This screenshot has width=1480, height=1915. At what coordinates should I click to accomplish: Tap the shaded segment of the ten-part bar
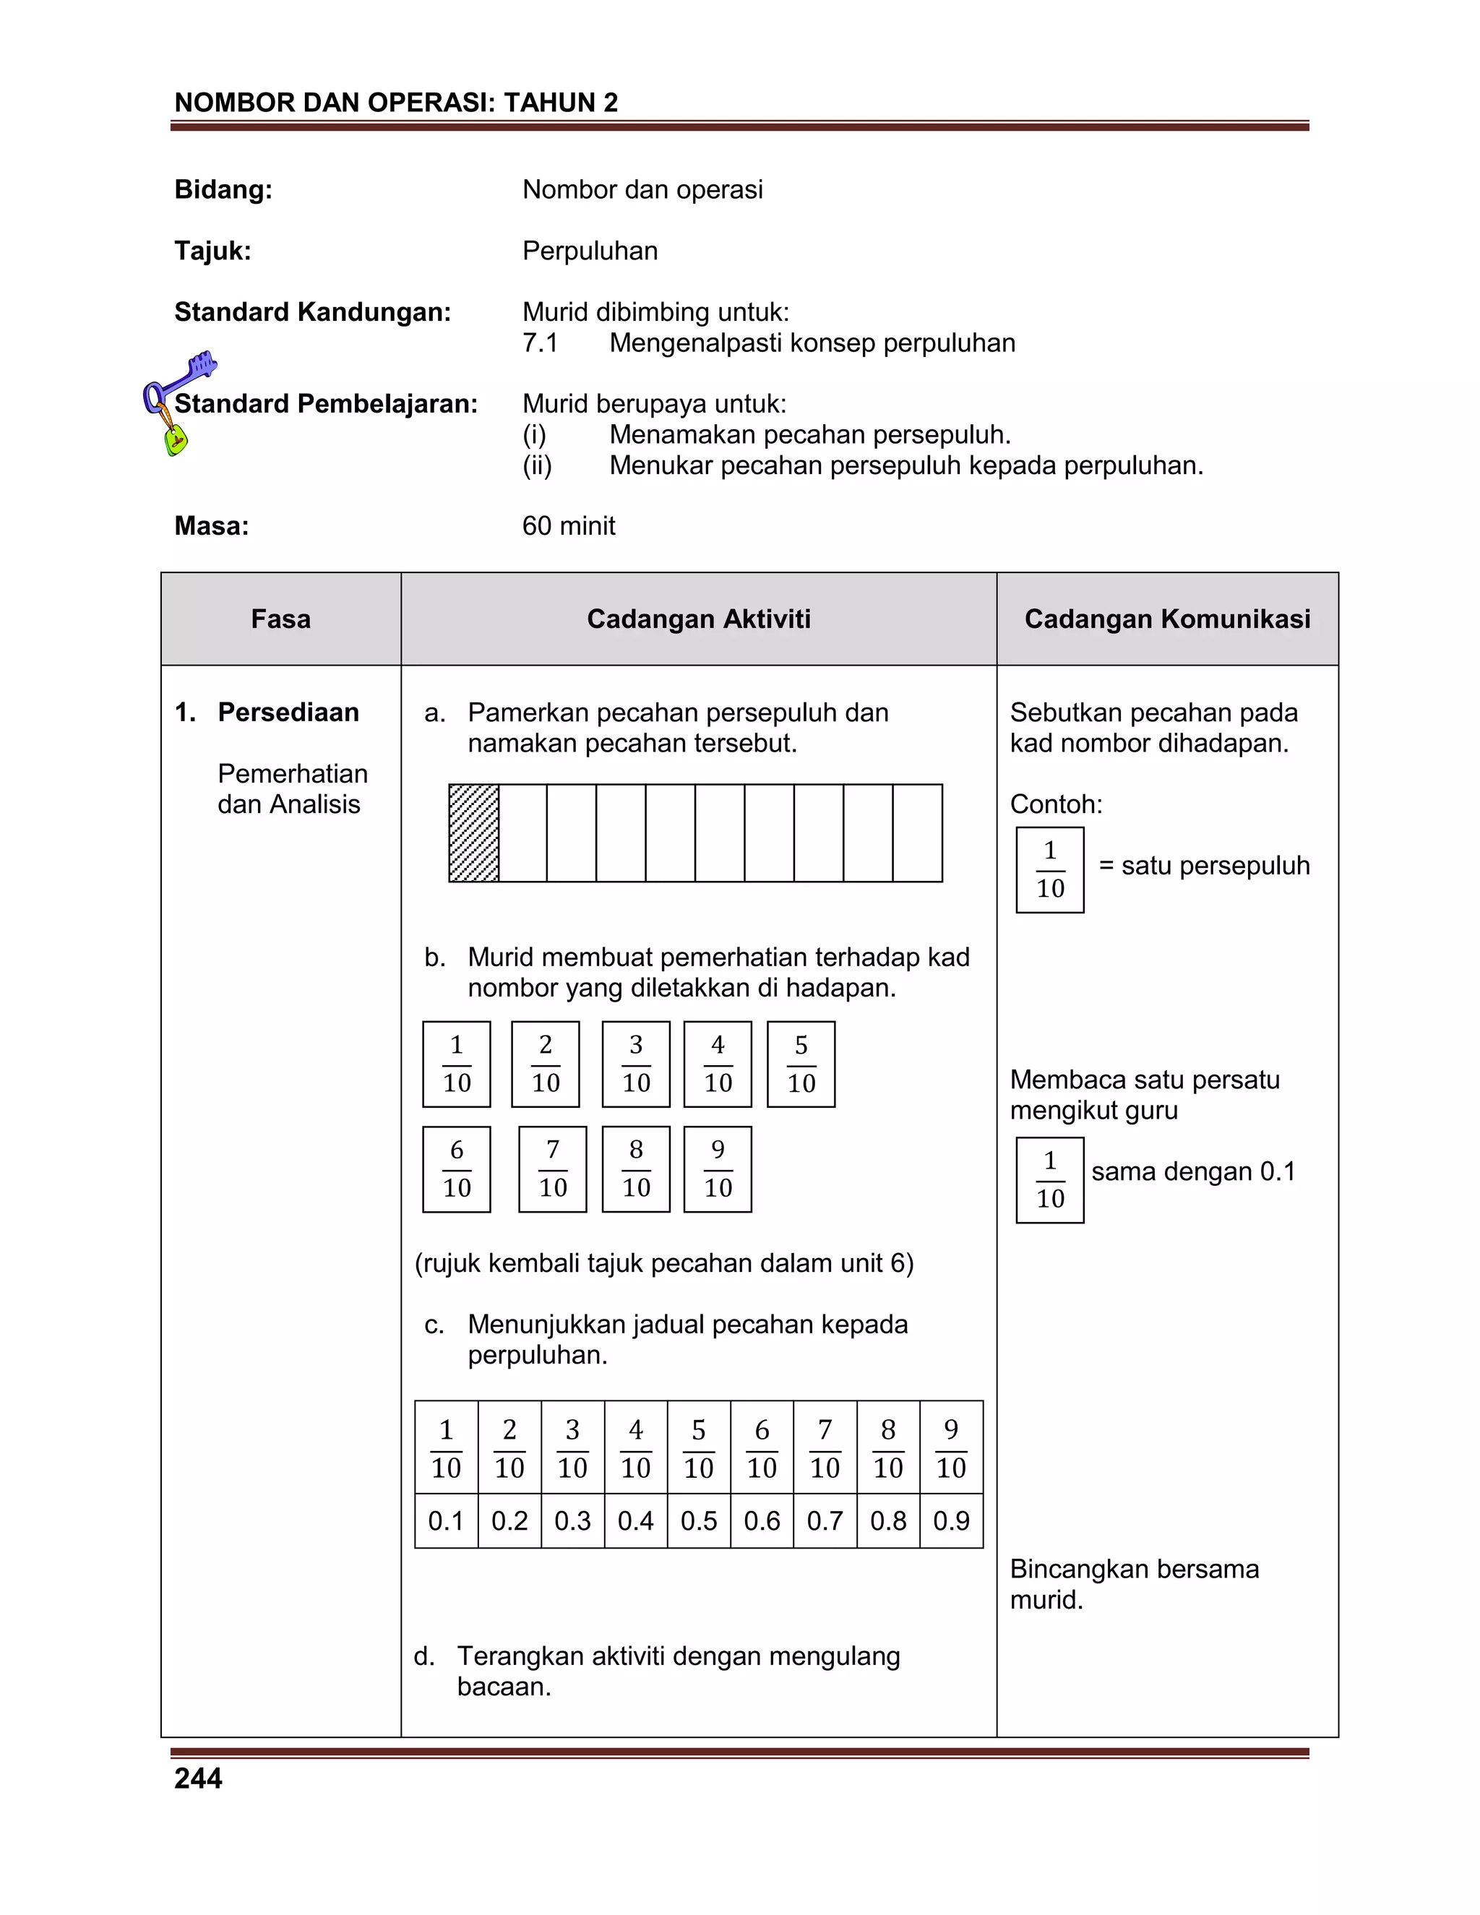click(473, 833)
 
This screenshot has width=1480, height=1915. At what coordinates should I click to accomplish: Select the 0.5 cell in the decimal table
click(698, 1520)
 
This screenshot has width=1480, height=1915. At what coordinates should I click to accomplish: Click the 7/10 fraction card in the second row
click(552, 1169)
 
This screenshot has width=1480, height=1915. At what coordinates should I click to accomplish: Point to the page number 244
click(198, 1778)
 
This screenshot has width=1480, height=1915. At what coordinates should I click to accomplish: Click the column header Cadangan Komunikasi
click(1167, 619)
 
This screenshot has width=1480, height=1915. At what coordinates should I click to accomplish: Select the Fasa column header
click(280, 619)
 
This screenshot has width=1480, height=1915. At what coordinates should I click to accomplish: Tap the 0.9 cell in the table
click(951, 1520)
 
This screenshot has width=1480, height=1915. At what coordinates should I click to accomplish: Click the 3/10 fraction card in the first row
click(636, 1064)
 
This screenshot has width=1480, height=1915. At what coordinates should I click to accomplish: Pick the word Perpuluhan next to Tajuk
click(590, 251)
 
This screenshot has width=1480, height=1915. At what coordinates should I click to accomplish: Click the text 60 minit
click(568, 526)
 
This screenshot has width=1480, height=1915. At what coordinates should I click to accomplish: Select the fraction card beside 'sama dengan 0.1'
click(1049, 1179)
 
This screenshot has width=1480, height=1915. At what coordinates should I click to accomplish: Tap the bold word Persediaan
click(288, 712)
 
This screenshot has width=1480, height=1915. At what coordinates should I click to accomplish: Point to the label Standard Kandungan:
click(312, 312)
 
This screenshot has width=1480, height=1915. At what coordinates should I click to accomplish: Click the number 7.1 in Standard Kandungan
click(540, 343)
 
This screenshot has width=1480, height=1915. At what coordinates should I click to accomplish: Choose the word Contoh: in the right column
click(1056, 804)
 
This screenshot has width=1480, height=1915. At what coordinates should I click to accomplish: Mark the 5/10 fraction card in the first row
click(801, 1064)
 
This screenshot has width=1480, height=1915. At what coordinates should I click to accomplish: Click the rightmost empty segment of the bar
click(917, 833)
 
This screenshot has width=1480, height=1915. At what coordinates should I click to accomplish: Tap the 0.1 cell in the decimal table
click(445, 1520)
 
